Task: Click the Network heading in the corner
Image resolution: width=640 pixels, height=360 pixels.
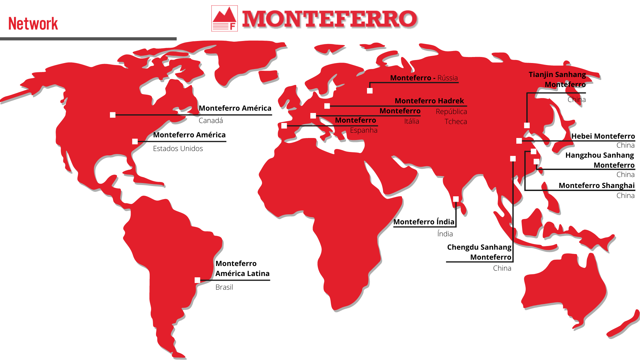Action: point(33,24)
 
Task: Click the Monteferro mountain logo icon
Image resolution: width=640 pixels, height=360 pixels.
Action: point(224,18)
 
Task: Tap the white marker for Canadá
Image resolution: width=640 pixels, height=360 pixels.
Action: point(113,115)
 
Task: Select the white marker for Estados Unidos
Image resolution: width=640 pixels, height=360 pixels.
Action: point(135,142)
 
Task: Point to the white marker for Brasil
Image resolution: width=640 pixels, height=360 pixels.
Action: point(197,280)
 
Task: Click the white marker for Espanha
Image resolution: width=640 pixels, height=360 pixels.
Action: point(284,126)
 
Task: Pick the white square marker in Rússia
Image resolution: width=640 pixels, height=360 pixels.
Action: point(370,91)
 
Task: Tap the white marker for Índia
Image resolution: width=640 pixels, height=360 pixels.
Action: point(456,199)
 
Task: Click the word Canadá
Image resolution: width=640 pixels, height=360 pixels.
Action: point(211,121)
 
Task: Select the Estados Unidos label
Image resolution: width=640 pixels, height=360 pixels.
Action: point(178,149)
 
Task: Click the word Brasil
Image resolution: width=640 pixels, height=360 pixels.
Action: point(224,287)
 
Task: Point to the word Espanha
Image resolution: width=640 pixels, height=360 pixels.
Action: point(363,130)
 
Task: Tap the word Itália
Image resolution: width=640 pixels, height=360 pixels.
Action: point(411,121)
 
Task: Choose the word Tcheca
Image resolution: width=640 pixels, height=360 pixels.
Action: point(455,122)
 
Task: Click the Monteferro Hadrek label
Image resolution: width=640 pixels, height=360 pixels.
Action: point(429,101)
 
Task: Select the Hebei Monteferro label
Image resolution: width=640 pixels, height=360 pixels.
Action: point(603,136)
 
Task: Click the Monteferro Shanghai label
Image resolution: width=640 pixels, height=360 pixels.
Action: point(596,185)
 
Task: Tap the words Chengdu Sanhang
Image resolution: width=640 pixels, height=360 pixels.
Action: point(479,247)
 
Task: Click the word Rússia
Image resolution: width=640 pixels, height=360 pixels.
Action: point(447,78)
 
